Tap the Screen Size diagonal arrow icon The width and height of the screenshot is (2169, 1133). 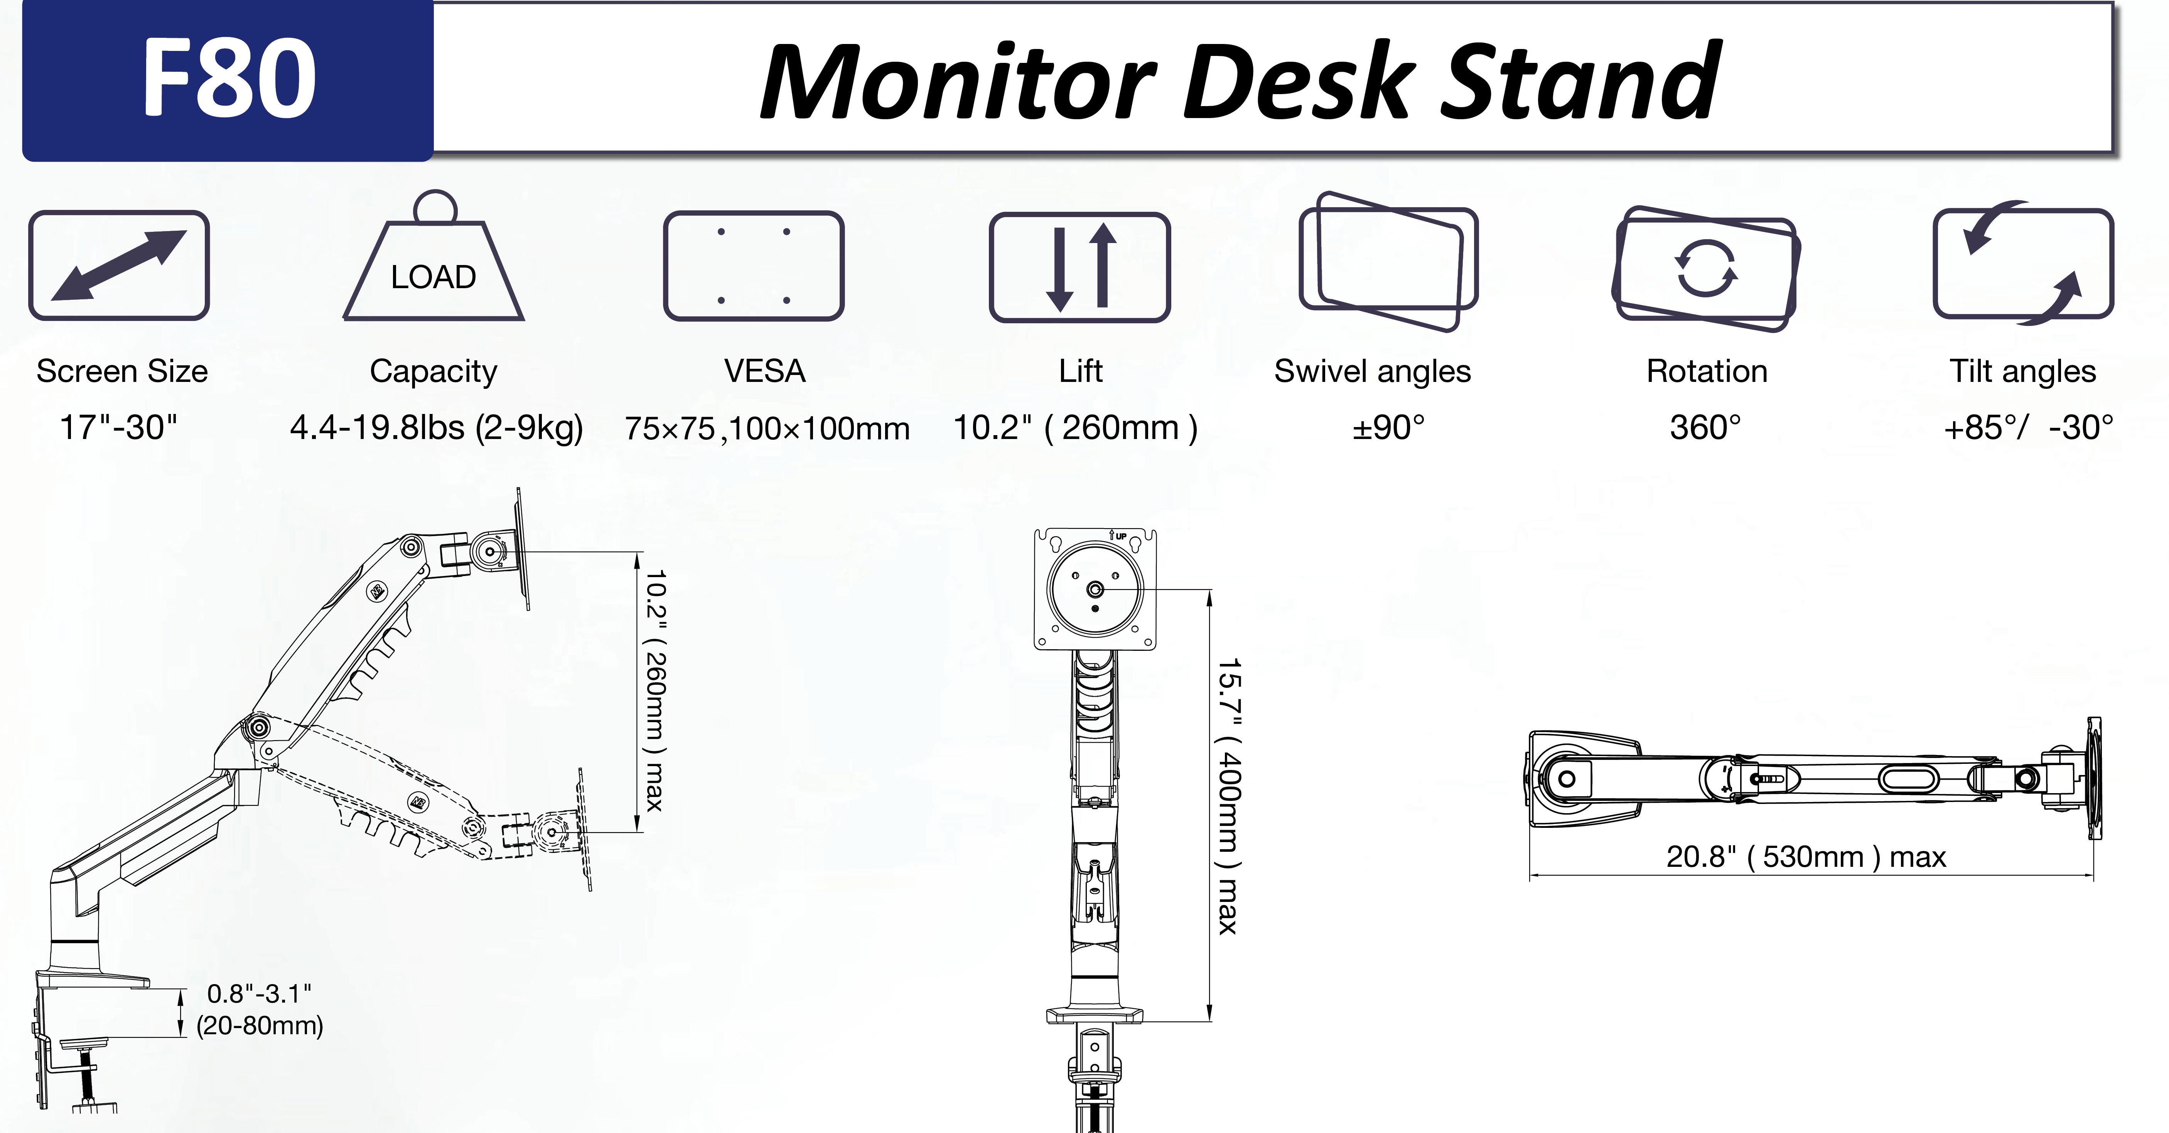[x=119, y=265]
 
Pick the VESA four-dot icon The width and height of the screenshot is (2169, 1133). [x=754, y=265]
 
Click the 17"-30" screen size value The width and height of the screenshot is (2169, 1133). [x=119, y=427]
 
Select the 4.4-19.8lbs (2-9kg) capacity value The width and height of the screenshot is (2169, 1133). [x=436, y=427]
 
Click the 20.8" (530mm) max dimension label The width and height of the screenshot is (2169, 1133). [x=1806, y=857]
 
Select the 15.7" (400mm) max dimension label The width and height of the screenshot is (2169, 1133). [x=1228, y=796]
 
